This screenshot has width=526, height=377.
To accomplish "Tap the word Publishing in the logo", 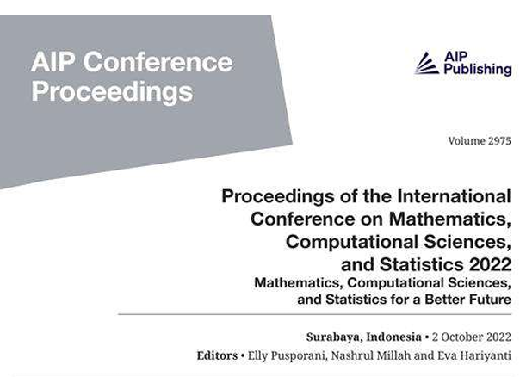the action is pyautogui.click(x=478, y=70).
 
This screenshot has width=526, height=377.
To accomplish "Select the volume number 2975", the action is pyautogui.click(x=499, y=141).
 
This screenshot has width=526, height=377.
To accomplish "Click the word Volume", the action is pyautogui.click(x=467, y=141).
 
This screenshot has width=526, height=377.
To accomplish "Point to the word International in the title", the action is pyautogui.click(x=455, y=196).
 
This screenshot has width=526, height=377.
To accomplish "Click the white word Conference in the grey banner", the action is pyautogui.click(x=158, y=62).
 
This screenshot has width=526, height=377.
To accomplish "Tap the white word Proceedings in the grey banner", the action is pyautogui.click(x=112, y=92).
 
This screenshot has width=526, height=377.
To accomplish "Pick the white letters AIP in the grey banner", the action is pyautogui.click(x=53, y=62).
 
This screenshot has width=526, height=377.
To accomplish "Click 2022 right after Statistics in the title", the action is pyautogui.click(x=490, y=264).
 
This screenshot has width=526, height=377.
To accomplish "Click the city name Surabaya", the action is pyautogui.click(x=334, y=337).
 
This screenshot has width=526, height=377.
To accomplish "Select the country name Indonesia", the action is pyautogui.click(x=393, y=337).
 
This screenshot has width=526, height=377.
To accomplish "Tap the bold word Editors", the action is pyautogui.click(x=217, y=355).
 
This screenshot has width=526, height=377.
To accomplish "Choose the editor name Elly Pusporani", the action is pyautogui.click(x=287, y=355).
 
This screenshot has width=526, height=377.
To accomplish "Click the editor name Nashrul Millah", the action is pyautogui.click(x=371, y=355).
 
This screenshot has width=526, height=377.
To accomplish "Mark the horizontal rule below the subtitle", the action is pyautogui.click(x=315, y=315).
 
